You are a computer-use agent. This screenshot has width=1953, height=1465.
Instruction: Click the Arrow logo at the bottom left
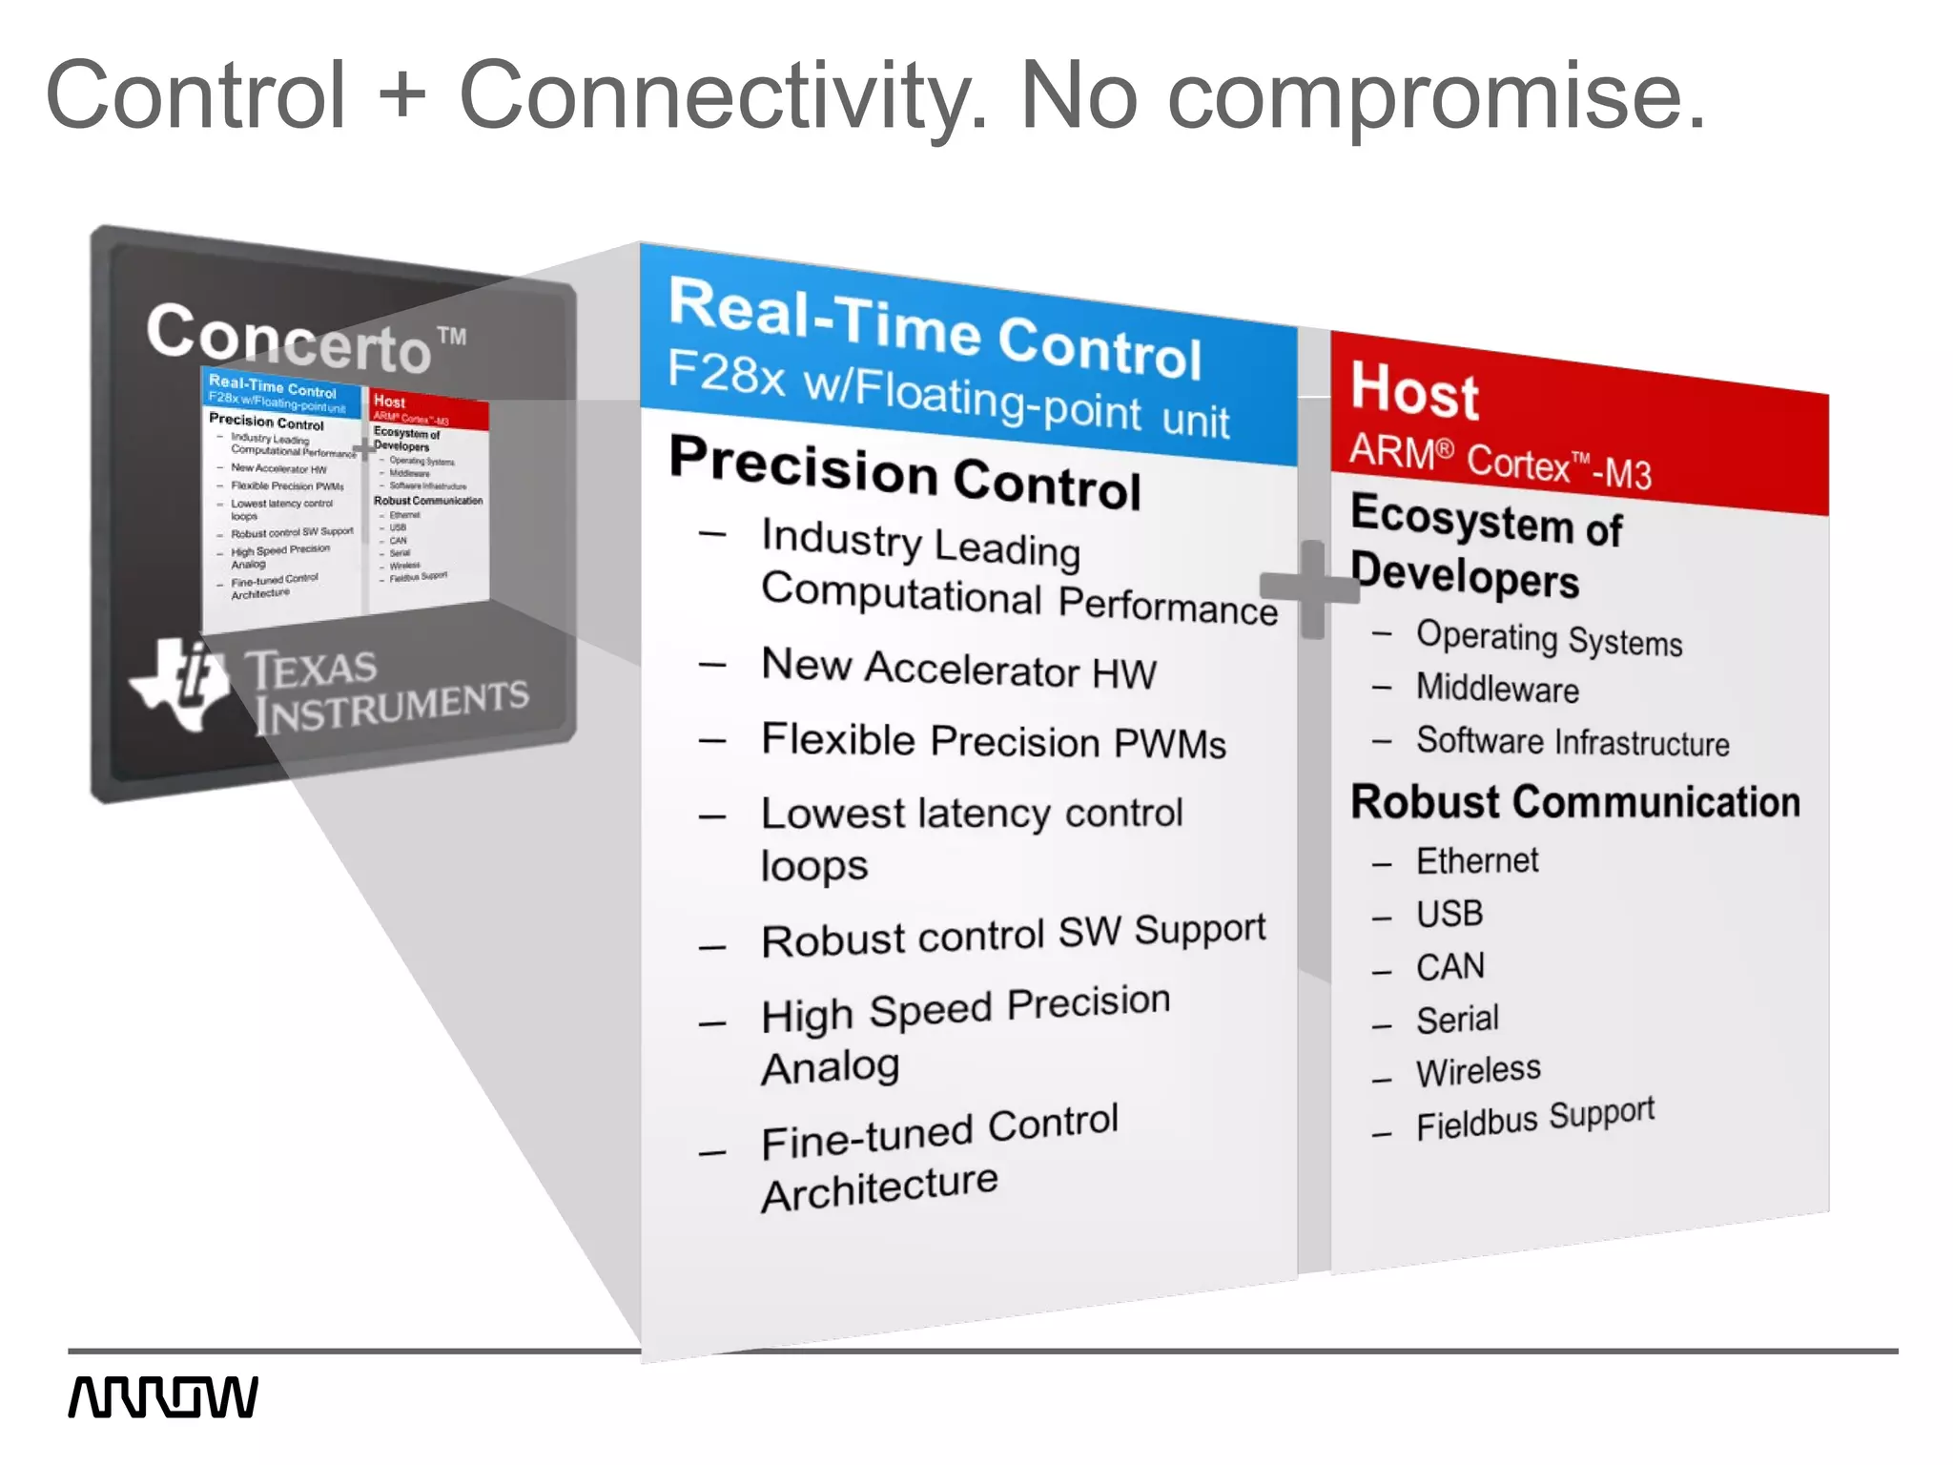(163, 1397)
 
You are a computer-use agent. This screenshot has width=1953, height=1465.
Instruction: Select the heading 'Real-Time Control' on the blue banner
(935, 328)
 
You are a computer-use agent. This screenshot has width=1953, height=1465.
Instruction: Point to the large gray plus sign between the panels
(1311, 588)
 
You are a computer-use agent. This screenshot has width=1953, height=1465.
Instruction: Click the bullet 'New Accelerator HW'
(958, 668)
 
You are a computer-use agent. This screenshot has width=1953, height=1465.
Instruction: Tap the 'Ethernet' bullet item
(1476, 861)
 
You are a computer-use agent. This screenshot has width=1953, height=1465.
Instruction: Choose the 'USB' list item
(1449, 914)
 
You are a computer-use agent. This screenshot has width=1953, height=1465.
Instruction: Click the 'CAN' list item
(1449, 967)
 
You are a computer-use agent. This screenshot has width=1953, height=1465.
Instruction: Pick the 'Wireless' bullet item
(1478, 1071)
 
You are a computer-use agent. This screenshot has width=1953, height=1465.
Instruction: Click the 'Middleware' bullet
(1497, 689)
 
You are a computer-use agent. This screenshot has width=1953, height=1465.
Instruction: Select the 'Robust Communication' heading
(1575, 801)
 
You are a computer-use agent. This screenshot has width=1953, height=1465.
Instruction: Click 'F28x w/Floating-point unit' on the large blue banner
(948, 394)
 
